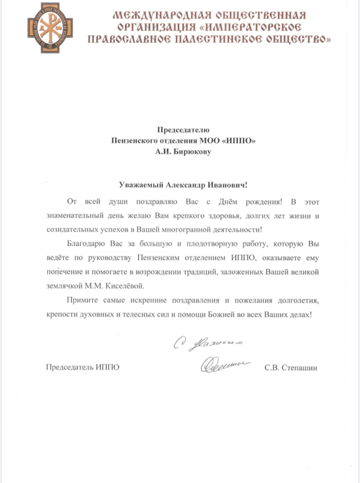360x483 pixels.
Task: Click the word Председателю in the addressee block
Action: pos(183,129)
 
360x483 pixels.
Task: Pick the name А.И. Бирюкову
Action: pos(183,152)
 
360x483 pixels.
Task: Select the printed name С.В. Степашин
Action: pos(291,368)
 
